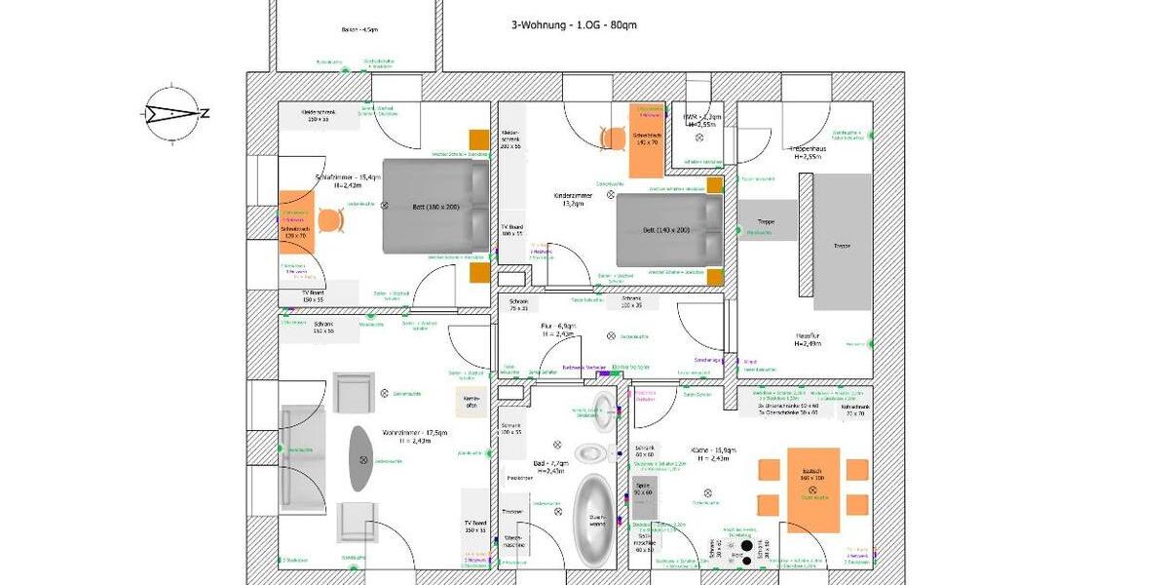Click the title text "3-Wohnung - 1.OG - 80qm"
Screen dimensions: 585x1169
pyautogui.click(x=574, y=25)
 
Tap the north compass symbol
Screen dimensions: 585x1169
pyautogui.click(x=172, y=113)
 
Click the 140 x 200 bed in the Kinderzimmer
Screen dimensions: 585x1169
pyautogui.click(x=669, y=230)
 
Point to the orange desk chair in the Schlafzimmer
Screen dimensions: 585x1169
pyautogui.click(x=331, y=221)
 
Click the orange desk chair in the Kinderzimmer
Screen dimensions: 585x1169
pyautogui.click(x=612, y=138)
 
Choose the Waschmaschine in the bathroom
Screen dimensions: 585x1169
pyautogui.click(x=513, y=542)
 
